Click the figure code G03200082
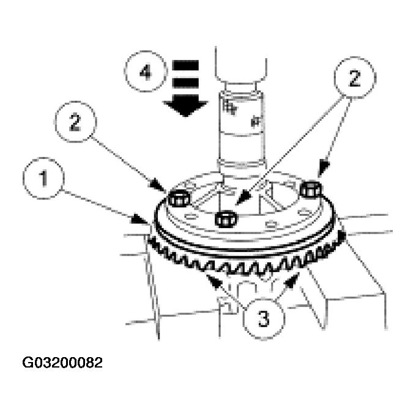tap(62, 363)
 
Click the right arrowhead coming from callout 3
tap(296, 276)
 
